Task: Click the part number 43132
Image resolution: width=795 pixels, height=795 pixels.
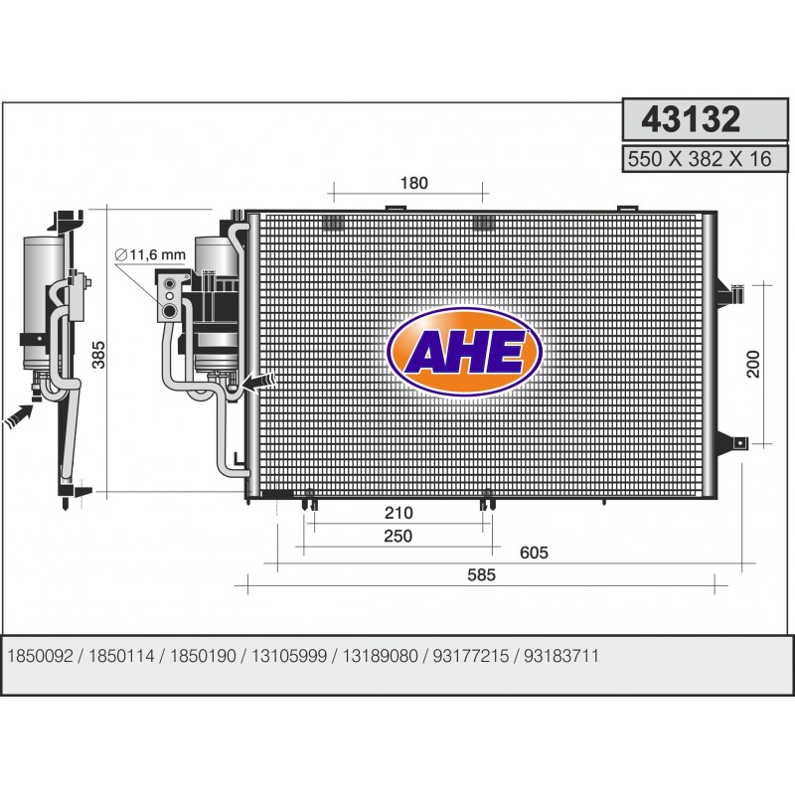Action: (x=691, y=119)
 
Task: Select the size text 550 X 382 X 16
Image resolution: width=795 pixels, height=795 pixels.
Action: (x=700, y=159)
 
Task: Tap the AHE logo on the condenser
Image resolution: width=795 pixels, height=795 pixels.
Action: (x=464, y=352)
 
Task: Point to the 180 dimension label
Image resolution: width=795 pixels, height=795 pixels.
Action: (x=414, y=183)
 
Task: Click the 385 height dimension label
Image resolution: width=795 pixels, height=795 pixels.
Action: (x=98, y=355)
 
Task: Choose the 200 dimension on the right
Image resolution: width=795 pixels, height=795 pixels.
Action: (x=753, y=364)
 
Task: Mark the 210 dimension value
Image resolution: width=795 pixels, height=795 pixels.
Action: (x=398, y=513)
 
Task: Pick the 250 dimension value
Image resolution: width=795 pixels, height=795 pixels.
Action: (x=398, y=536)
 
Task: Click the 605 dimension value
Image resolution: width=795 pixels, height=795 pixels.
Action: (x=534, y=553)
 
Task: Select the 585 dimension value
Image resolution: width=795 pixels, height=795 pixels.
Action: (x=481, y=575)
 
